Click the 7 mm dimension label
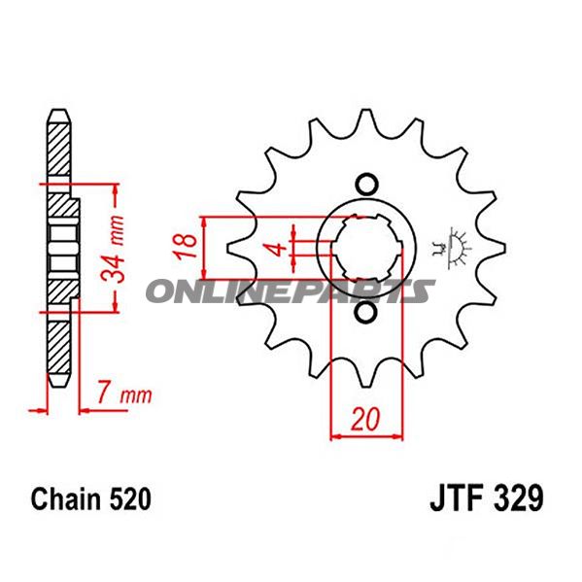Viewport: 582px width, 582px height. tap(124, 395)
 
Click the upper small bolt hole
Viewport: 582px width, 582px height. tap(365, 184)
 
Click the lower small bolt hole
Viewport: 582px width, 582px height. tap(365, 313)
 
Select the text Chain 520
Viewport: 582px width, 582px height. tap(90, 500)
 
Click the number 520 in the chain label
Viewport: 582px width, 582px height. tap(128, 500)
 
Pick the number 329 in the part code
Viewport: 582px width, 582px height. tap(515, 501)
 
